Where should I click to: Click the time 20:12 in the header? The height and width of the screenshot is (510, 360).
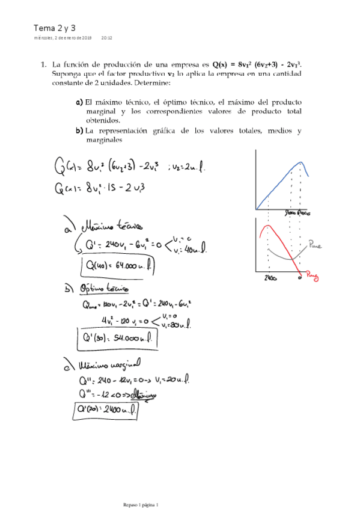pyautogui.click(x=107, y=38)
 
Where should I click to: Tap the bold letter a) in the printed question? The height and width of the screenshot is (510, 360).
pyautogui.click(x=79, y=103)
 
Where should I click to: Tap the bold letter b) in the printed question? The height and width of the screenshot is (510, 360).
pyautogui.click(x=79, y=131)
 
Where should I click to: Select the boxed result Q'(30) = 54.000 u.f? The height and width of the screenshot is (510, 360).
pyautogui.click(x=117, y=340)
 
